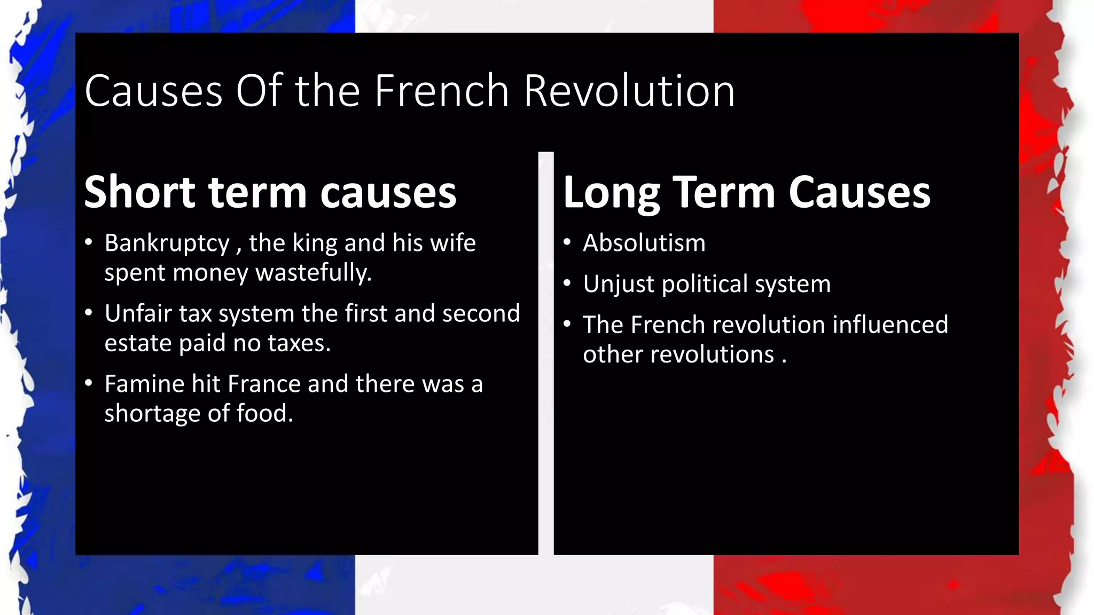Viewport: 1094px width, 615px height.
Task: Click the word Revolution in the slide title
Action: pyautogui.click(x=629, y=91)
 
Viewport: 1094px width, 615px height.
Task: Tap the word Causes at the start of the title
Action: pyautogui.click(x=153, y=91)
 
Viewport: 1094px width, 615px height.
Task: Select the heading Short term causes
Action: pyautogui.click(x=270, y=192)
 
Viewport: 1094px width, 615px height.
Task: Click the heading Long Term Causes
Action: pyautogui.click(x=747, y=192)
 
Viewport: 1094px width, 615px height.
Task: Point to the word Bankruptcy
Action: pyautogui.click(x=167, y=243)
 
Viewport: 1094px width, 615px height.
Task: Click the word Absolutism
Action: pyautogui.click(x=644, y=243)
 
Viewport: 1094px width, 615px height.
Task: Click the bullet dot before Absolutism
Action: pyautogui.click(x=567, y=243)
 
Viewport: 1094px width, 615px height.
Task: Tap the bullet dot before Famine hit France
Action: pyautogui.click(x=89, y=383)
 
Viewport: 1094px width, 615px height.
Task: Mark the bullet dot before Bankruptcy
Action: pyautogui.click(x=89, y=243)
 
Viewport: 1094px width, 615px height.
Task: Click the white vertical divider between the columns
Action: pyautogui.click(x=546, y=352)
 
